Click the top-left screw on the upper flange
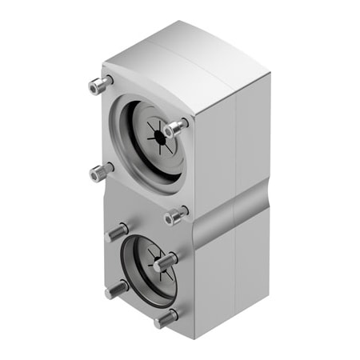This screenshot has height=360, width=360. pyautogui.click(x=99, y=83)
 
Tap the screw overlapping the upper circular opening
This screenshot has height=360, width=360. pyautogui.click(x=175, y=127)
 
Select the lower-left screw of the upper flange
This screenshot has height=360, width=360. pyautogui.click(x=101, y=171)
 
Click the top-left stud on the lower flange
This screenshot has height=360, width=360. pyautogui.click(x=117, y=232)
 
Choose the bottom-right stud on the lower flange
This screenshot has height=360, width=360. pyautogui.click(x=166, y=318)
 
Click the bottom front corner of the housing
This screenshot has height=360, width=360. pyautogui.click(x=192, y=337)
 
